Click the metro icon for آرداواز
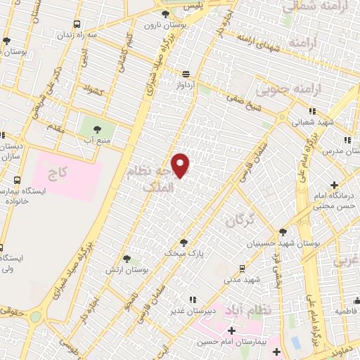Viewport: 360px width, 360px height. [x=186, y=73]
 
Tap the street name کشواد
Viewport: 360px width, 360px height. [x=92, y=91]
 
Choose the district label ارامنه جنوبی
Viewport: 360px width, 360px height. [x=282, y=89]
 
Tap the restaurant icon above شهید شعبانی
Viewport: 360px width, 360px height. [x=312, y=110]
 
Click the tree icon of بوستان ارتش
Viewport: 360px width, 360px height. [x=127, y=259]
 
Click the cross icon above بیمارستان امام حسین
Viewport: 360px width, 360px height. [x=231, y=330]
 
